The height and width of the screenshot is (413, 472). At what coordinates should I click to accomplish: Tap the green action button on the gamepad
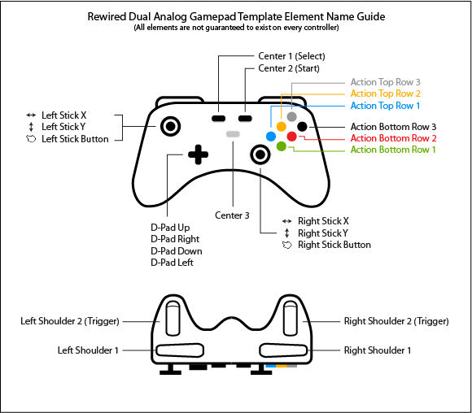click(282, 146)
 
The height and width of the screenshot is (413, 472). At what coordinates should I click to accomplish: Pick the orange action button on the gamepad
click(282, 126)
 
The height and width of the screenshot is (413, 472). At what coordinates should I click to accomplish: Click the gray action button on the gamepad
click(291, 116)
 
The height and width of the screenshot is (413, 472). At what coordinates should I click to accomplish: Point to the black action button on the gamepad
click(302, 126)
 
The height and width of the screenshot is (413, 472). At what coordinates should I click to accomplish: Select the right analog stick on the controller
click(260, 154)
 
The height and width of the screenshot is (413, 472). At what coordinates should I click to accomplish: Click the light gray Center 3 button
click(233, 133)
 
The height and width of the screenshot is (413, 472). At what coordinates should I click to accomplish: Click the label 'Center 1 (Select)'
click(291, 56)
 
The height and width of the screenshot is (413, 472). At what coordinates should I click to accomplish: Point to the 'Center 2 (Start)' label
click(289, 68)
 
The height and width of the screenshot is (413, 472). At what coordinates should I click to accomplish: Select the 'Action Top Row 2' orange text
click(385, 94)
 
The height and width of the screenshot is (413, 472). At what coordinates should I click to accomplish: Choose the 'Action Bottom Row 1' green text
click(393, 150)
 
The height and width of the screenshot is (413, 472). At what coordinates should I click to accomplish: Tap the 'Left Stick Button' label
click(75, 139)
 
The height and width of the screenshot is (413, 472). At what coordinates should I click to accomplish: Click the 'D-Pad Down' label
click(177, 251)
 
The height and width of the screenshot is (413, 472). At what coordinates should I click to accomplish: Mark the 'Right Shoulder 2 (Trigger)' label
click(396, 321)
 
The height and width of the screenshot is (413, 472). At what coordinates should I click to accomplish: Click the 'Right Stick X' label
click(323, 221)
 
